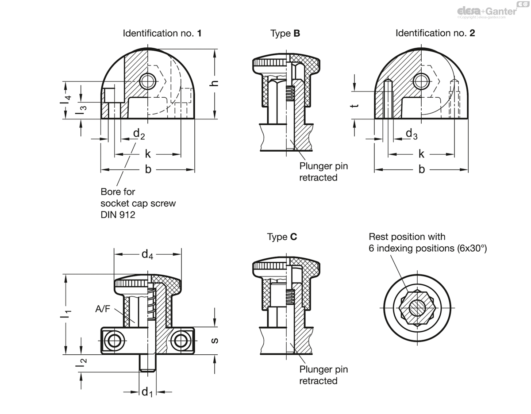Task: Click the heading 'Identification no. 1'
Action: [162, 33]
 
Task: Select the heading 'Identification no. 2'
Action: [435, 33]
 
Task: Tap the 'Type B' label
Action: [285, 34]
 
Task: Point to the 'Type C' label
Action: [282, 237]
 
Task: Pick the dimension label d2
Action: [139, 134]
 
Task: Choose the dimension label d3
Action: [412, 134]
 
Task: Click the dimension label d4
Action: [147, 254]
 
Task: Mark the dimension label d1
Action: [147, 392]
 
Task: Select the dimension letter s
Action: [215, 341]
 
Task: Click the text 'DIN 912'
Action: [118, 215]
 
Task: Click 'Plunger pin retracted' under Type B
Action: [323, 172]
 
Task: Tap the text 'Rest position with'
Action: [407, 237]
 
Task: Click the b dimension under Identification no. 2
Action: [422, 169]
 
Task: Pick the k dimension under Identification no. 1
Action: [148, 154]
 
